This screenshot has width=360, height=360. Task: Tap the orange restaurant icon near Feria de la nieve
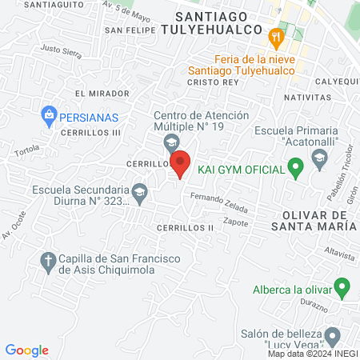pos(276,36)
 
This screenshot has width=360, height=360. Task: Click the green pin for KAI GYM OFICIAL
pos(295,169)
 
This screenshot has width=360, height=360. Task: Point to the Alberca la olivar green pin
pos(342,286)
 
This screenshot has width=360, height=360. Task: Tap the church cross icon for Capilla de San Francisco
pos(48,261)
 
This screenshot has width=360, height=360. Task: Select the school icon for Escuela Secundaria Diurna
pos(139,192)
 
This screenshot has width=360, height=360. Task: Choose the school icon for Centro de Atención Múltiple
pos(170,142)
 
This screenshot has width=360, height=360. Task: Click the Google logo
pos(27,350)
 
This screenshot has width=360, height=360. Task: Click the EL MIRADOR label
pos(97,93)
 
